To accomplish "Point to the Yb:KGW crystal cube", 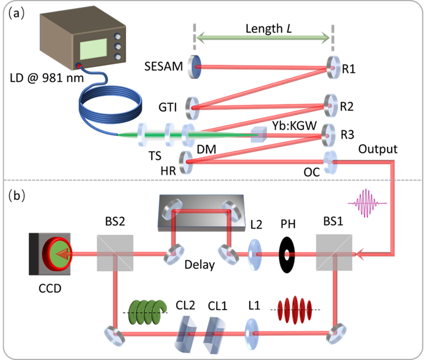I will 258,135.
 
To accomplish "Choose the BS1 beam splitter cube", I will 334,253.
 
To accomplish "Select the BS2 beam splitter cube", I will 115,253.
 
